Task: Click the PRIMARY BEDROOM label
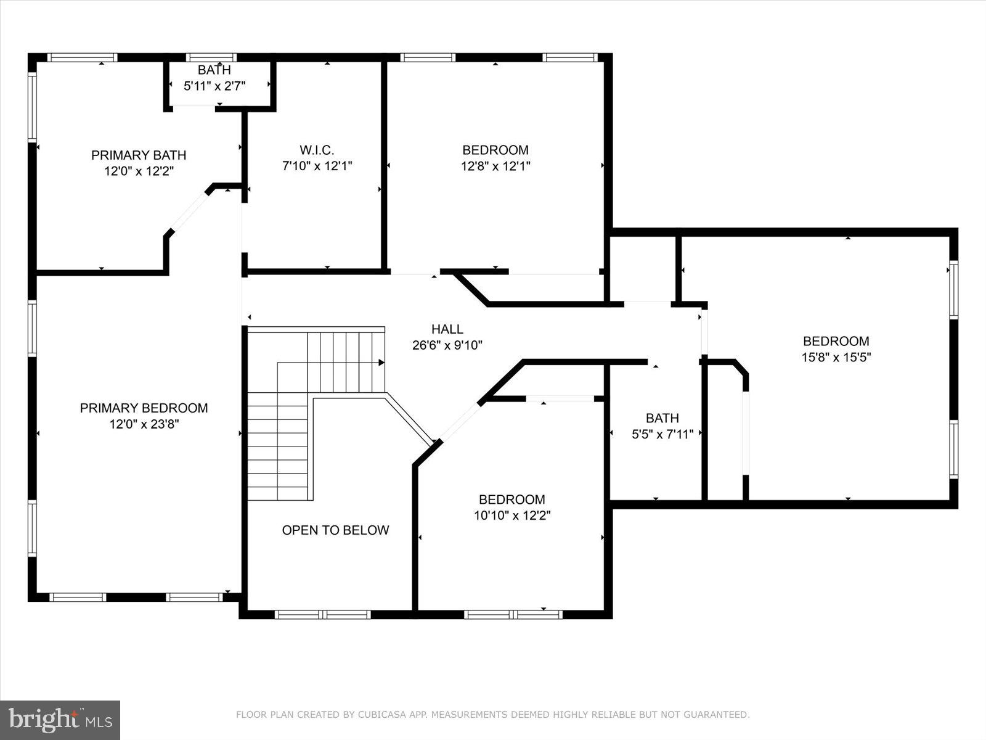point(144,408)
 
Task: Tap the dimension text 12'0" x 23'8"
point(144,424)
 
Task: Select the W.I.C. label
point(317,150)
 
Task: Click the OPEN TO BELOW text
point(335,530)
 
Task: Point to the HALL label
point(447,329)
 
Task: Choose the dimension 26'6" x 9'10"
point(447,346)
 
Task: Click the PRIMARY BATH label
point(139,155)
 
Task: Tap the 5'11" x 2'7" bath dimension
point(214,86)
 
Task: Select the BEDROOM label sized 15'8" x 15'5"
point(836,341)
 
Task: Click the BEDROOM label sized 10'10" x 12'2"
point(511,499)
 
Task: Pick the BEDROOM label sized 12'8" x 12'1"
point(495,150)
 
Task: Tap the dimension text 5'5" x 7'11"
point(662,434)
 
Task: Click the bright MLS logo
point(60,720)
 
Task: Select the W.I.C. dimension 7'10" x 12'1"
point(317,166)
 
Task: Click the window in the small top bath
point(211,57)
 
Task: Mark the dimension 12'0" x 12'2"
point(139,171)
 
